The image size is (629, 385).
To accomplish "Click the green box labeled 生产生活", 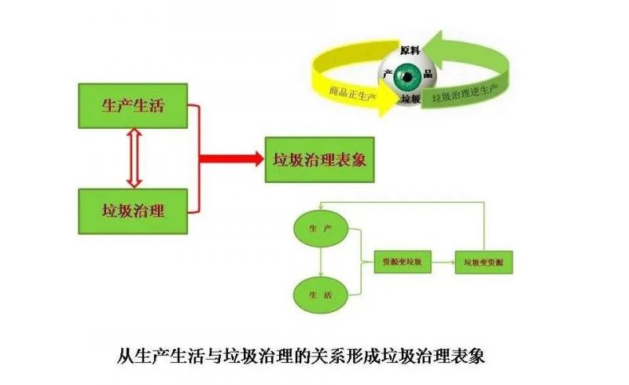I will click(x=133, y=106).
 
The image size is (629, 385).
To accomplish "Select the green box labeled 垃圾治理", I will click(x=133, y=211).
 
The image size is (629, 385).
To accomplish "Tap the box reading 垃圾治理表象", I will click(x=318, y=159).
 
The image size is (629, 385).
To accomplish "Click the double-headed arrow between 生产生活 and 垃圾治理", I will click(x=134, y=159).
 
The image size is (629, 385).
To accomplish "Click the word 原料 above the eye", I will click(x=410, y=49).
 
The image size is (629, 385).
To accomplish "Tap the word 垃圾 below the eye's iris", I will click(x=410, y=100).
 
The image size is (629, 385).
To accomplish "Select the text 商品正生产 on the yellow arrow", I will click(x=351, y=92).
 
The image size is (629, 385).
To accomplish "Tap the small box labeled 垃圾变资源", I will click(x=483, y=261).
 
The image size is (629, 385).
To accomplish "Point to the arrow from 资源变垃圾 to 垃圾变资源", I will click(x=443, y=261).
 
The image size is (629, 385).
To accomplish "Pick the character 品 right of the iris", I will click(x=427, y=72).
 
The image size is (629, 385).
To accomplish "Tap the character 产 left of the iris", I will click(x=388, y=72).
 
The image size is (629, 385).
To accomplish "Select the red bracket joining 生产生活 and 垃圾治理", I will click(x=197, y=159).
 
